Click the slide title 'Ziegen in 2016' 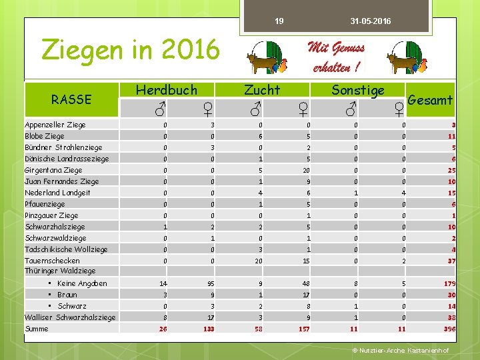130,49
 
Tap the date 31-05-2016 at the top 371,22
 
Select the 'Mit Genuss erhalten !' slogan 336,57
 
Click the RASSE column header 71,99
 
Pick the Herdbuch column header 167,89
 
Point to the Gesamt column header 430,100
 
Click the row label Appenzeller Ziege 55,125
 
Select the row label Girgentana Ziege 53,170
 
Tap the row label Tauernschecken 52,261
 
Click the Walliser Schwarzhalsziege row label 70,317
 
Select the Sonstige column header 358,89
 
